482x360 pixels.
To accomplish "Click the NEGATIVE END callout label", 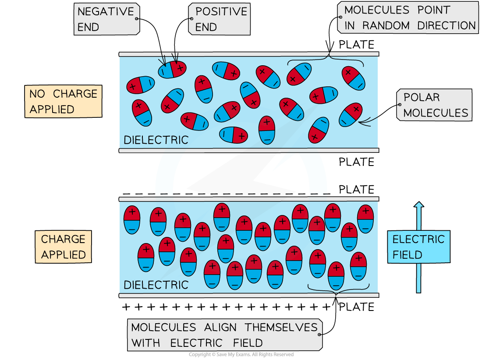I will pyautogui.click(x=106, y=19).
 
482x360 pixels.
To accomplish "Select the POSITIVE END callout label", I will pyautogui.click(x=220, y=19).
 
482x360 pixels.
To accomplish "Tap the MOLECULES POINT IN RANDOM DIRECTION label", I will pyautogui.click(x=408, y=18).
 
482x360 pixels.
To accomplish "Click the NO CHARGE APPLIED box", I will pyautogui.click(x=63, y=101).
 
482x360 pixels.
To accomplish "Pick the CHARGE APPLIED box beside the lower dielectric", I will pyautogui.click(x=63, y=247).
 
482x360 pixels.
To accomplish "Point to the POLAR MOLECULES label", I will pyautogui.click(x=434, y=105).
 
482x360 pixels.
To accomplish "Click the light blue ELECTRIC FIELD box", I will pyautogui.click(x=418, y=247).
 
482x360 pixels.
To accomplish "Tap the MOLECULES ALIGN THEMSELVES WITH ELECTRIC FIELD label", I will pyautogui.click(x=224, y=335).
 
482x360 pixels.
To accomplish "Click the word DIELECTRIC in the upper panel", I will pyautogui.click(x=156, y=140).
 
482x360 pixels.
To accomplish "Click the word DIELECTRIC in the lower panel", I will pyautogui.click(x=156, y=285).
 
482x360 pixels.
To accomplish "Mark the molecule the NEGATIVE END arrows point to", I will pyautogui.click(x=172, y=70).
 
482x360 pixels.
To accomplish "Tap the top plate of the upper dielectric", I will pyautogui.click(x=248, y=54).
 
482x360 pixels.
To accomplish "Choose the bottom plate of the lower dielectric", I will pyautogui.click(x=248, y=296).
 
